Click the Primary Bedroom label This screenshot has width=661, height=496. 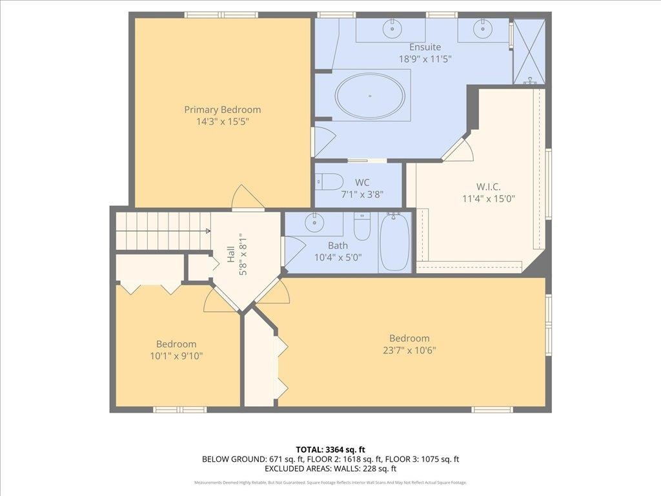coord(223,110)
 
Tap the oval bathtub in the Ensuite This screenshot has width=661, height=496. coord(370,96)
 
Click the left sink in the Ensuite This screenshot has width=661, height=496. coord(391,28)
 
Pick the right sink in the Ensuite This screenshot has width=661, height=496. coord(482,28)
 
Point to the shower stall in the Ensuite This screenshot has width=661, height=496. coord(529,52)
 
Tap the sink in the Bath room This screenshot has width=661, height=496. coord(314,223)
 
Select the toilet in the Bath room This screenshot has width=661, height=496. coord(362,226)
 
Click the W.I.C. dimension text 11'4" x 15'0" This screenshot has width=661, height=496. coord(489,199)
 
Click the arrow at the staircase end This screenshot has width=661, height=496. coord(207,231)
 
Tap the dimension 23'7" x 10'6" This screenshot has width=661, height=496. coord(409,351)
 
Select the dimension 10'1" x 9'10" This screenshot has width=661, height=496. coord(176,355)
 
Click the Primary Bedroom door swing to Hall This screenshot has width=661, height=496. coord(247,197)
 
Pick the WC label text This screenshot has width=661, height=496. coord(362,182)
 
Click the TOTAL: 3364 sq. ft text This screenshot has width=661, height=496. coord(330,449)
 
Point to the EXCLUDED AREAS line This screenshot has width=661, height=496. coord(330,469)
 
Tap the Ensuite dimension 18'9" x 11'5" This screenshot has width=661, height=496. coord(425,58)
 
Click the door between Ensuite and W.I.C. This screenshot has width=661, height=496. coord(459,149)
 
